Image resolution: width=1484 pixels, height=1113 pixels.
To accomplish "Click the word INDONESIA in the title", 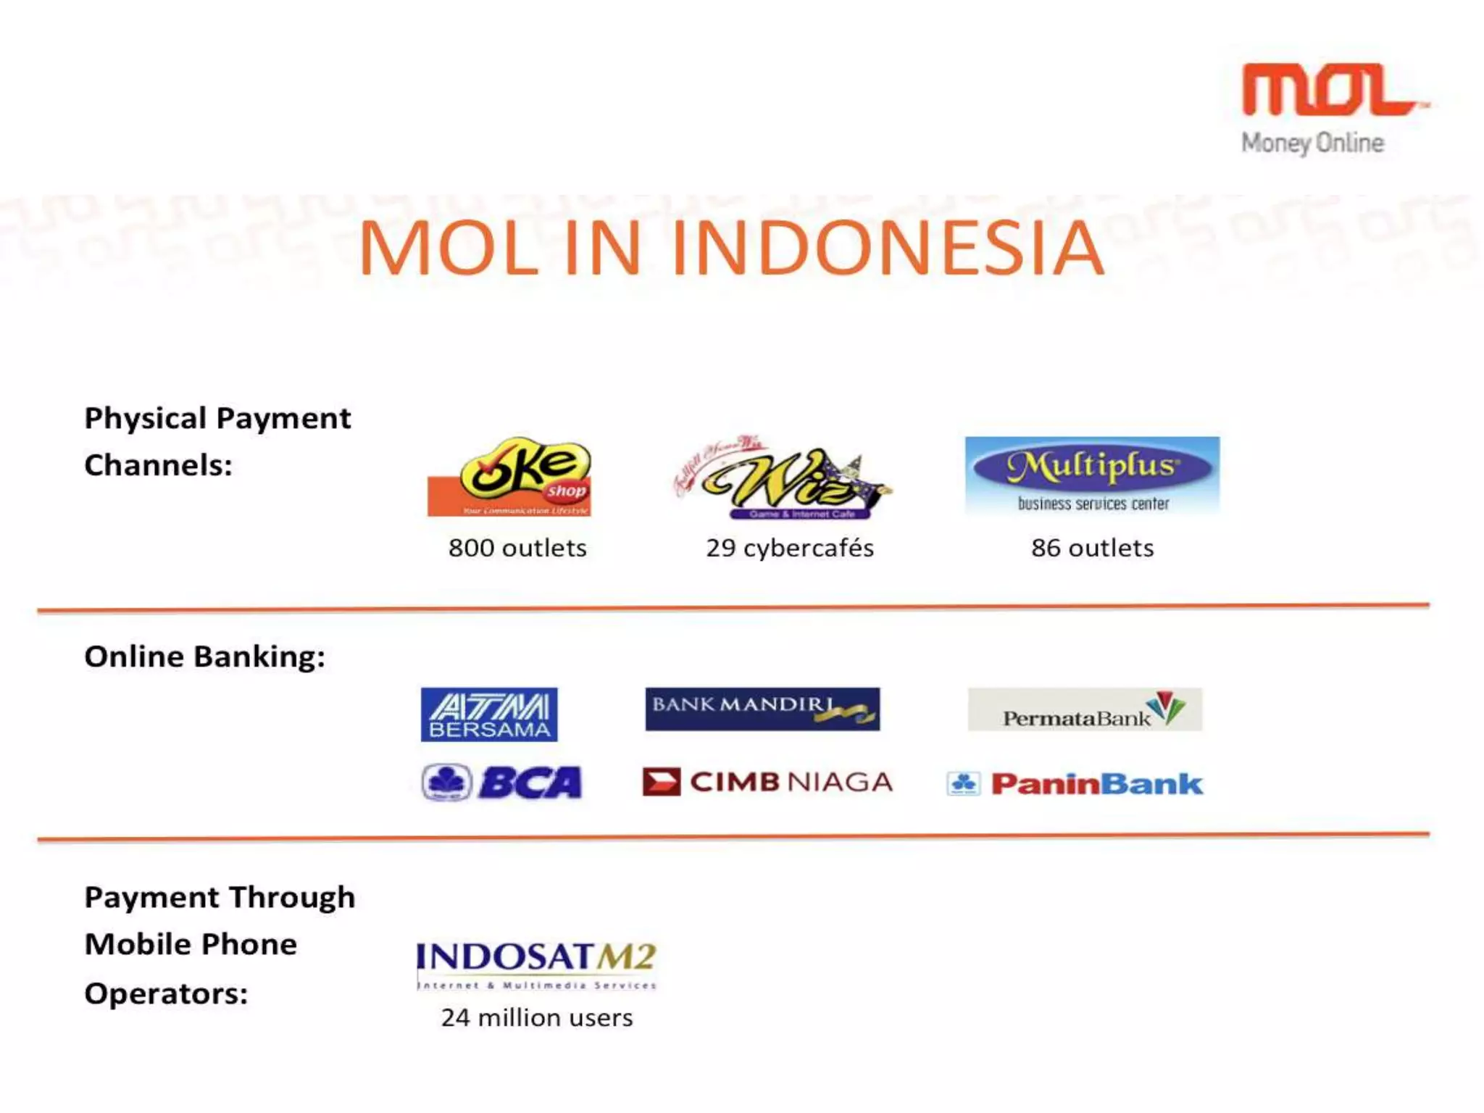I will point(888,249).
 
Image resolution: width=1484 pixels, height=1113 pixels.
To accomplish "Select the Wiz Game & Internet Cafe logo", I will point(783,478).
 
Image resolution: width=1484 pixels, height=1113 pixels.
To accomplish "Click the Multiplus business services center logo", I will point(1092,475).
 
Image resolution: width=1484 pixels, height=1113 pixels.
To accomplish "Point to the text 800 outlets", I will point(517,548).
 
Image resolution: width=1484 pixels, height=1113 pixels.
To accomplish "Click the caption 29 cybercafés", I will point(790,548).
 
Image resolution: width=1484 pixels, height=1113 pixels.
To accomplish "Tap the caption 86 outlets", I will point(1092,548).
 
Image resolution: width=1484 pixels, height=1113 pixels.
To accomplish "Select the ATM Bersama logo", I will point(489,714).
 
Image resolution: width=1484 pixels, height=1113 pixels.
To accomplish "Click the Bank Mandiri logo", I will point(762,709).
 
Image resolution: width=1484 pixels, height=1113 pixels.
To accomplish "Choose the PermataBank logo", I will point(1085,709).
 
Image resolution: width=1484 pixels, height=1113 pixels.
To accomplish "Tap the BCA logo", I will point(502,783).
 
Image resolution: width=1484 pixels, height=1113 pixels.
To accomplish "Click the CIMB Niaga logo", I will point(768,782).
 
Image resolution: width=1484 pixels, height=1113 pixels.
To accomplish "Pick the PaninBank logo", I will point(1075,783).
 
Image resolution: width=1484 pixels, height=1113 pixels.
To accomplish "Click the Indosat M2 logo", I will point(536,964).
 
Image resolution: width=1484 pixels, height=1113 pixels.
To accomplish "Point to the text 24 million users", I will point(537,1017).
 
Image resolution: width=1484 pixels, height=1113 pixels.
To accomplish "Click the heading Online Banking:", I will point(204,656).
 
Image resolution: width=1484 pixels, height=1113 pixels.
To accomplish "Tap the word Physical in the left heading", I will point(145,418).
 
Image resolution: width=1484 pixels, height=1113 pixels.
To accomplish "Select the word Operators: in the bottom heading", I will point(166,993).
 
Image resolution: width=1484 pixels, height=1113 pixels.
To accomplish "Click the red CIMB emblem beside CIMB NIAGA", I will point(661,782).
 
